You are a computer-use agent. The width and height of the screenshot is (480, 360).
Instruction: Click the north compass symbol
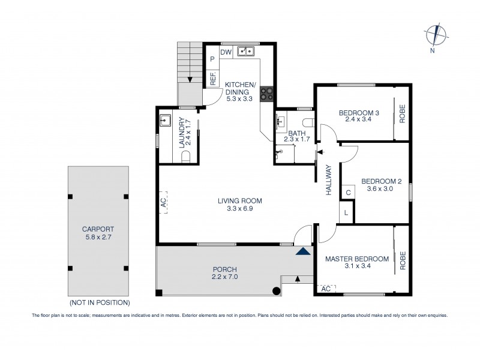pos(436,35)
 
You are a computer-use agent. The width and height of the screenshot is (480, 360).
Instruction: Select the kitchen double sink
pos(244,52)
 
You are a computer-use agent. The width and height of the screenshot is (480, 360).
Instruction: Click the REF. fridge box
pos(212,77)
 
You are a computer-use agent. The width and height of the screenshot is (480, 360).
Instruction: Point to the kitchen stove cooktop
pos(268,94)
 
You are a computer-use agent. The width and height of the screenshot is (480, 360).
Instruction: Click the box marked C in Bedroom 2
pos(348,193)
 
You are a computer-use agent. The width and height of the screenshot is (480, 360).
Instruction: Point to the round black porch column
pos(277,292)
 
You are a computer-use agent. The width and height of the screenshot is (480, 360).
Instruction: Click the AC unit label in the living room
pos(163,203)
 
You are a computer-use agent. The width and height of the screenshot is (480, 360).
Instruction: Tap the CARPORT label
pos(98,229)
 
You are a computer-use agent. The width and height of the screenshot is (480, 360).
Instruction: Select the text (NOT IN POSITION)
pos(99,302)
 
